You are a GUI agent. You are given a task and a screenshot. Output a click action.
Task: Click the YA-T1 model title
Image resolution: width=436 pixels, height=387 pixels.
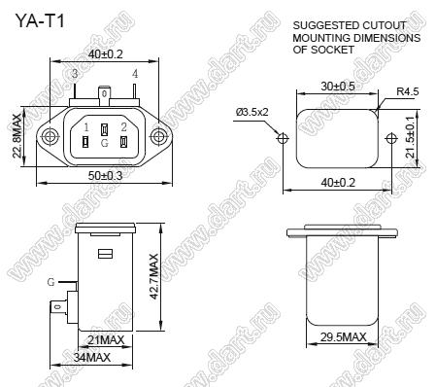point(40,21)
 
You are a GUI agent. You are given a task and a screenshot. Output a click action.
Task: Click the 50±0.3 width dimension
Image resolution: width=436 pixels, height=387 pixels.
point(106,176)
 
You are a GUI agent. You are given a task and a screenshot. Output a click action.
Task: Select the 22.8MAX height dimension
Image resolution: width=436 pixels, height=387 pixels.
point(17,136)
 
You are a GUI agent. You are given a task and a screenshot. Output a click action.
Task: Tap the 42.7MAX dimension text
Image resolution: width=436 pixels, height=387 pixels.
point(154,276)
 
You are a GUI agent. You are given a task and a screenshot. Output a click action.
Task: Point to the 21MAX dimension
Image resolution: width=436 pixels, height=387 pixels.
point(106,340)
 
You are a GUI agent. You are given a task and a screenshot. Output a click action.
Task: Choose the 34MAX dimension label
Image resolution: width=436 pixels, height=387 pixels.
point(92,358)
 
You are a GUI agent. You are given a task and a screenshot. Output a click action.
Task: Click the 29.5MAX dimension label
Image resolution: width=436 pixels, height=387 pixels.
point(344,337)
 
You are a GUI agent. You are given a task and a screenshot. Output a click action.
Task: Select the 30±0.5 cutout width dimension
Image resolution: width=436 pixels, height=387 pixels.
point(338,87)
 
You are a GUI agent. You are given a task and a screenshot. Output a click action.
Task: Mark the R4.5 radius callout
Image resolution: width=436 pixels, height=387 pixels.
point(408,91)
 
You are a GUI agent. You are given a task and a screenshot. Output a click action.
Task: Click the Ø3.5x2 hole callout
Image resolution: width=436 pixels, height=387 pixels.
point(252,112)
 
